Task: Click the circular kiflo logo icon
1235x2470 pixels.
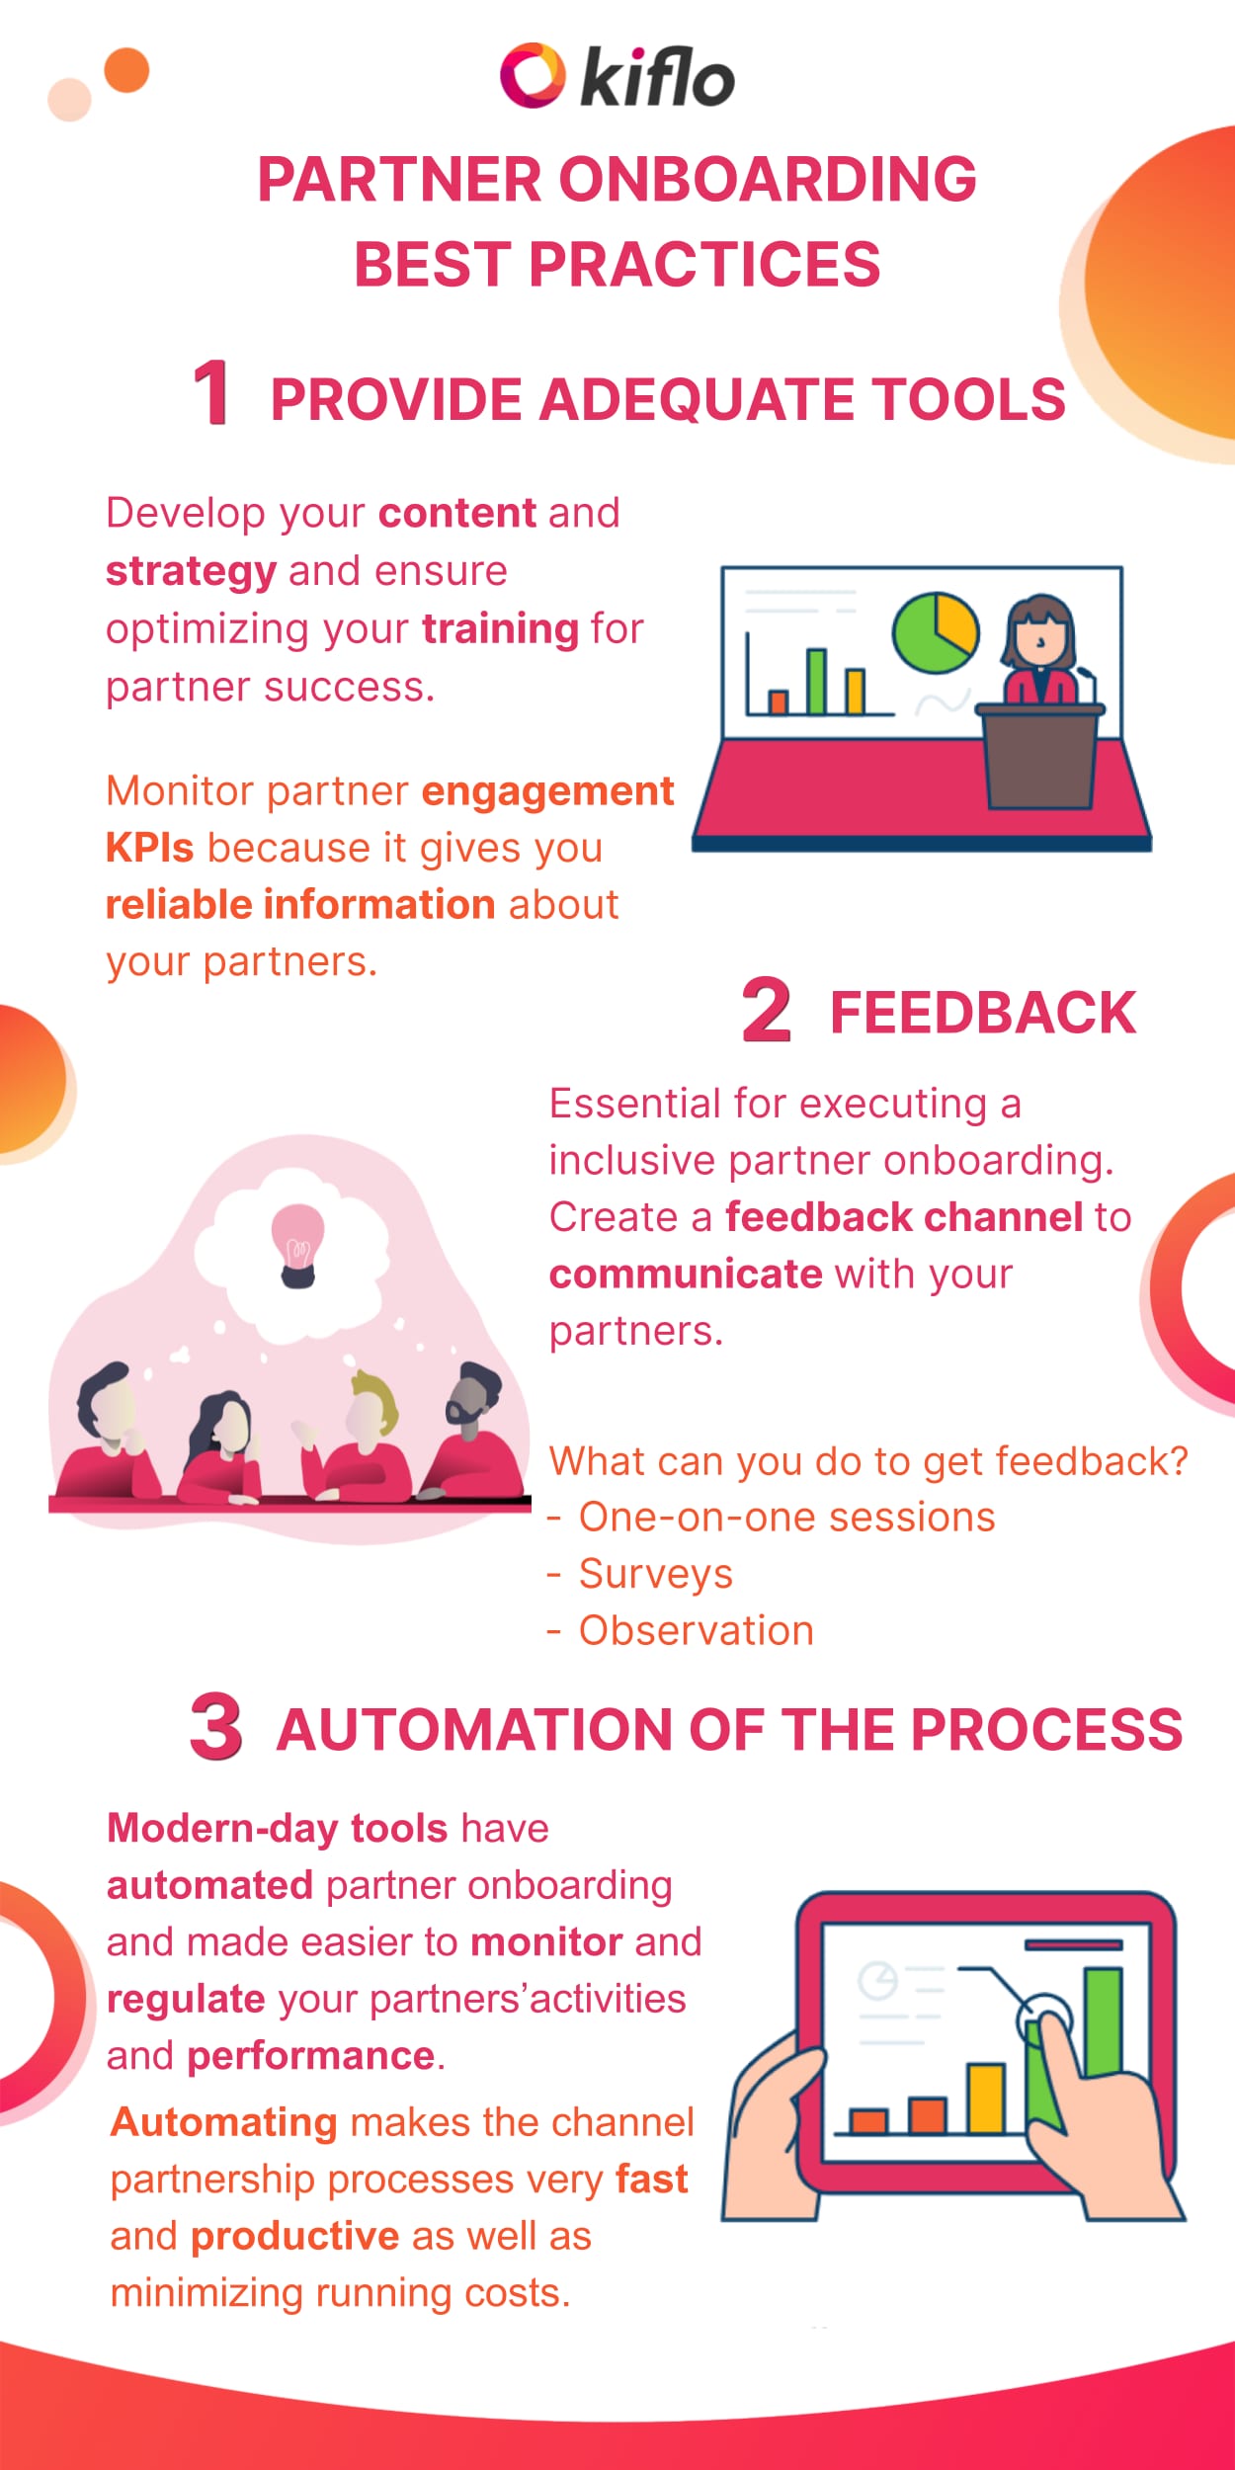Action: tap(533, 76)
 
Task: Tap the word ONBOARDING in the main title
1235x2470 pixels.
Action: tap(768, 180)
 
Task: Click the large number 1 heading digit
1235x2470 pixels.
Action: tap(211, 393)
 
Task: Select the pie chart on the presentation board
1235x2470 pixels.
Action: tap(935, 633)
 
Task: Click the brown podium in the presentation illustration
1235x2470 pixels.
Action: tap(1040, 755)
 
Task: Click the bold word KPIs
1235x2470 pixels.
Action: tap(149, 849)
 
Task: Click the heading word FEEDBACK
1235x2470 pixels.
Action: tap(982, 1014)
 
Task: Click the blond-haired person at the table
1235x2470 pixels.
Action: tap(370, 1423)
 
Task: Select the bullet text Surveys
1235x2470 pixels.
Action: tap(655, 1575)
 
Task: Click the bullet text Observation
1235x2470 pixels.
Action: tap(696, 1631)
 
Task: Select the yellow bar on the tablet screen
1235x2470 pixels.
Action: tap(985, 2098)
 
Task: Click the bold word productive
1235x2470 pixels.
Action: tap(294, 2236)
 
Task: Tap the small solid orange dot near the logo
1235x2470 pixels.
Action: tap(126, 70)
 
